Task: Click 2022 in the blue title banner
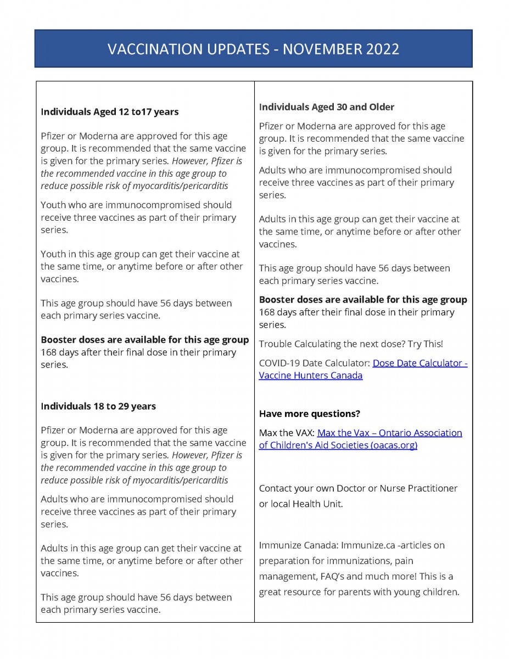(x=382, y=49)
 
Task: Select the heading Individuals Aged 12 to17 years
(x=110, y=112)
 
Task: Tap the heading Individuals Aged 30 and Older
(x=327, y=107)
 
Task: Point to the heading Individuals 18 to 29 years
(x=98, y=406)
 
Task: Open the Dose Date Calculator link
(x=420, y=364)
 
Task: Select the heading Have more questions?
(x=310, y=414)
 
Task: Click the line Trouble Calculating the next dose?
(x=351, y=344)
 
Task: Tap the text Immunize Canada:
(x=299, y=545)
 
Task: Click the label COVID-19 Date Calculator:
(x=315, y=364)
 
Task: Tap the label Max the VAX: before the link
(x=287, y=433)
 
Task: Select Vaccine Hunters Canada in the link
(x=311, y=376)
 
